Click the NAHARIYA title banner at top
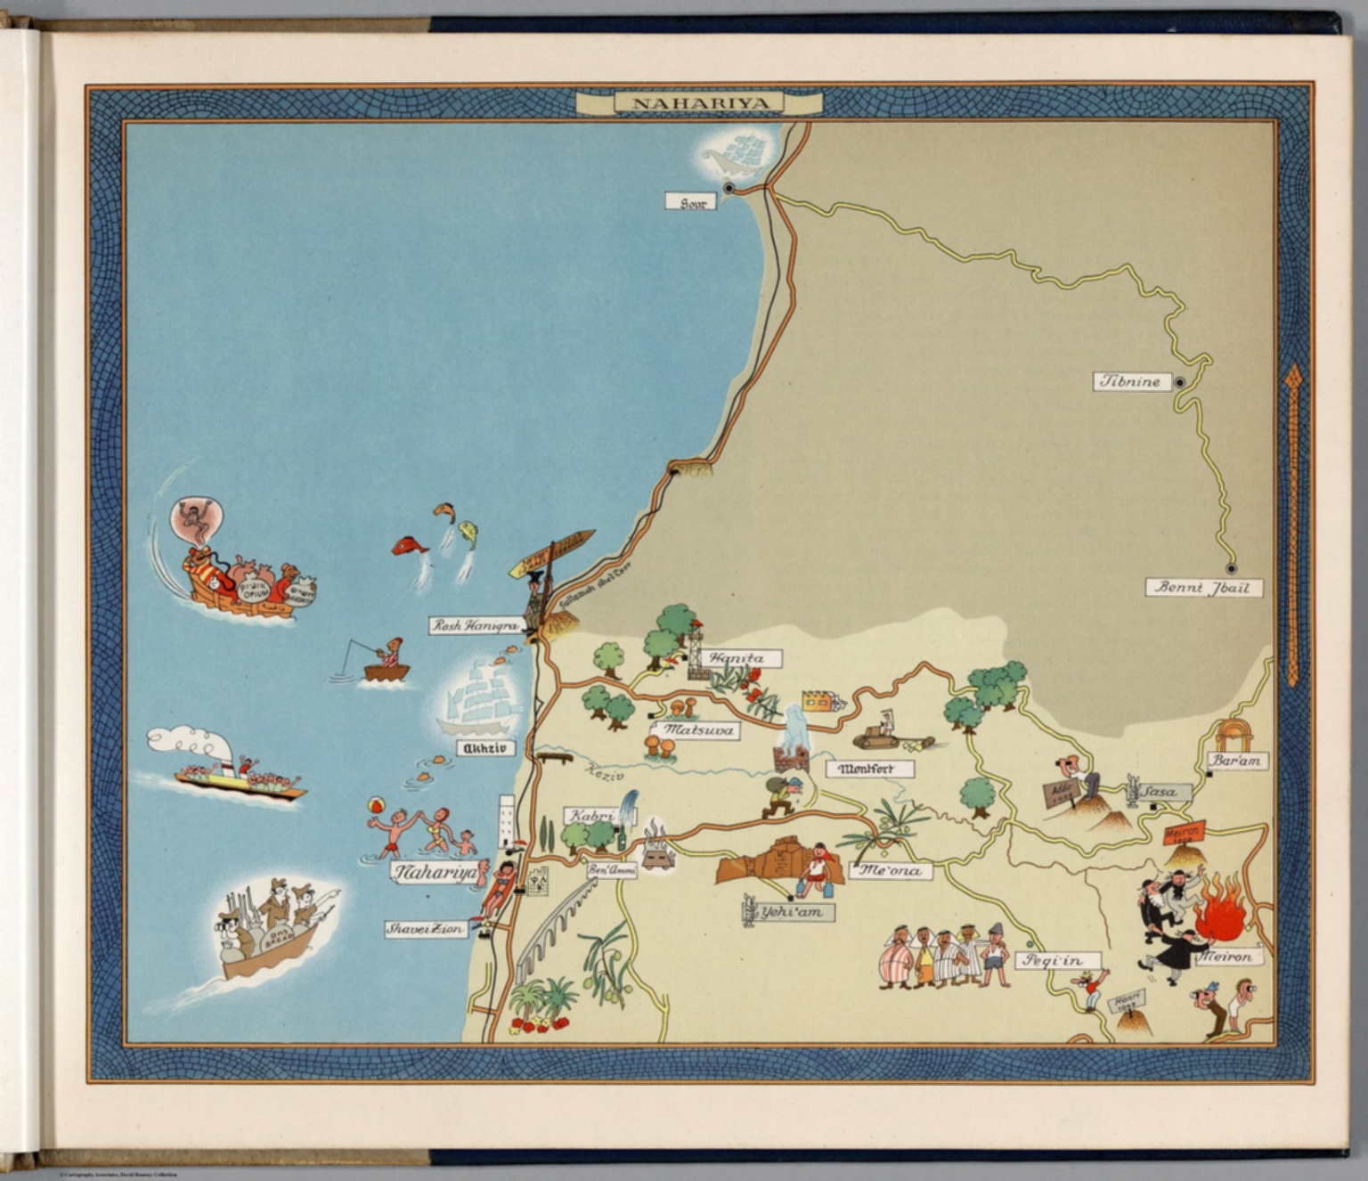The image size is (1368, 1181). pos(698,103)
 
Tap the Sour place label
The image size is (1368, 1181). pos(691,202)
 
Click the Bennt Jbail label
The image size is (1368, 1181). pos(1202,588)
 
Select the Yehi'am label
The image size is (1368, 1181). pos(796,912)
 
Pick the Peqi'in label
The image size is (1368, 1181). pos(1057,960)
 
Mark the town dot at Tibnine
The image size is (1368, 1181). pos(1179,383)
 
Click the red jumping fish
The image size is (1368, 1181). pos(410,545)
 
